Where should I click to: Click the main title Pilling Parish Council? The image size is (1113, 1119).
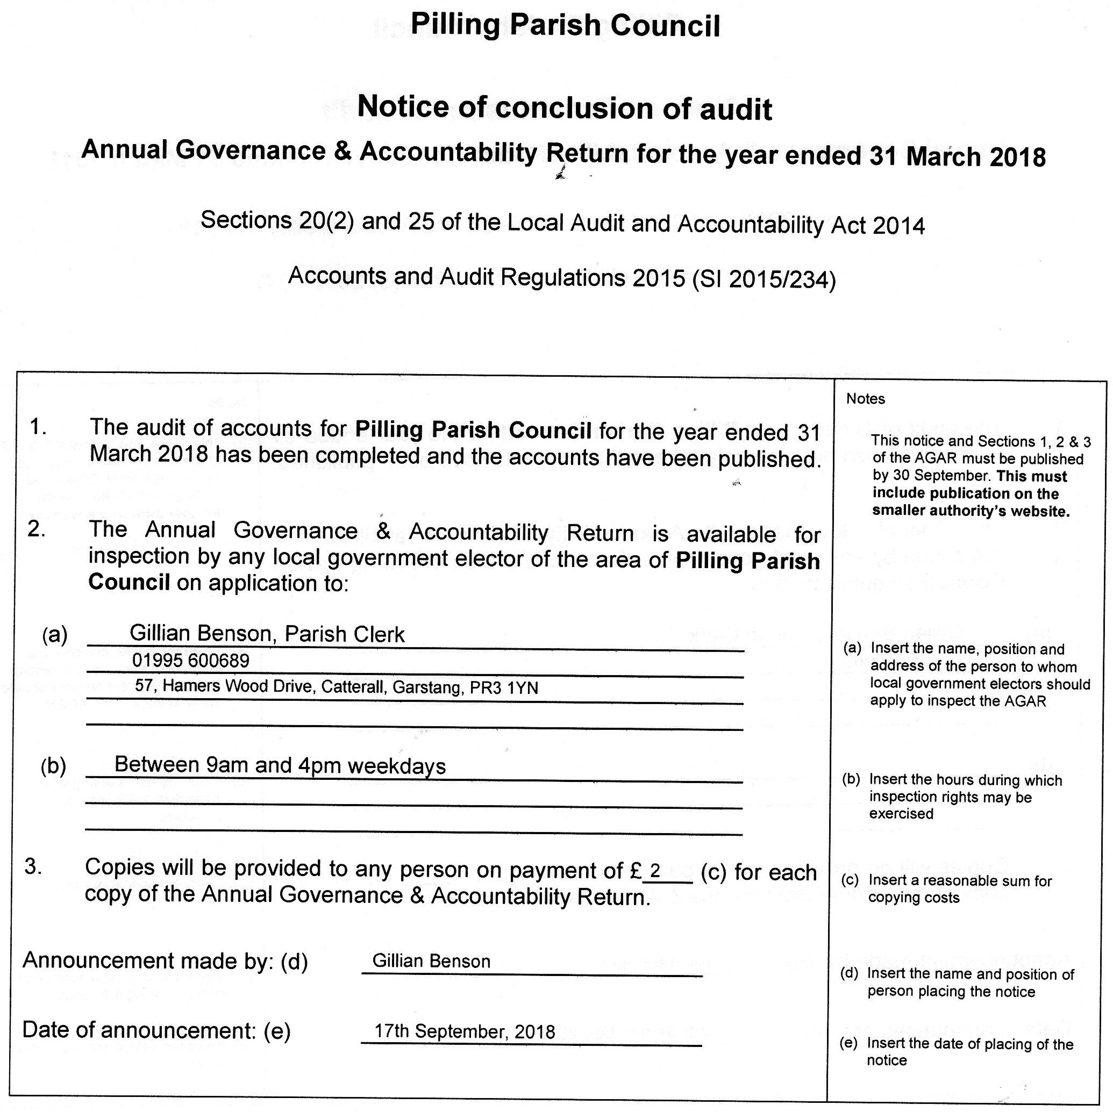click(x=565, y=25)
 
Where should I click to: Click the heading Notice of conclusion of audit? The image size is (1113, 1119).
click(x=565, y=107)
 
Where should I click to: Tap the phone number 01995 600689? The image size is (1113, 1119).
click(x=191, y=661)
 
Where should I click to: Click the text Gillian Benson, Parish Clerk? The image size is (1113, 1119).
click(x=267, y=634)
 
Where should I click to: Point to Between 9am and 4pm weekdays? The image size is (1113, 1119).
click(x=280, y=766)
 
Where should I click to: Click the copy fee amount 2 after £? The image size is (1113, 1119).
click(x=655, y=871)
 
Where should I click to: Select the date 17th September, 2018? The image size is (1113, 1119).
click(x=464, y=1031)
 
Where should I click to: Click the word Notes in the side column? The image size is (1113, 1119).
click(x=866, y=399)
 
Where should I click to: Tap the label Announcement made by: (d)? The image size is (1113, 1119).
click(x=165, y=961)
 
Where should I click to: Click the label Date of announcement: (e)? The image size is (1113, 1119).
click(x=156, y=1030)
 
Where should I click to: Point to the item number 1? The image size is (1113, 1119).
click(x=38, y=427)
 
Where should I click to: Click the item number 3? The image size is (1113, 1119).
click(x=33, y=866)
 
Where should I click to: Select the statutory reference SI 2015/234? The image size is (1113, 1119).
click(x=764, y=279)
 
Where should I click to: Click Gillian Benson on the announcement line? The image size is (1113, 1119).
click(x=431, y=962)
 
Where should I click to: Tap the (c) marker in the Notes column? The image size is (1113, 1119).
click(x=850, y=880)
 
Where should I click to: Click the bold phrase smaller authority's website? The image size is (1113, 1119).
click(x=971, y=512)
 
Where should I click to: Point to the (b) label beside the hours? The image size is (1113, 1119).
click(x=53, y=766)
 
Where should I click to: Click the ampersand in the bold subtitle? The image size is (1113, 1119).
click(x=343, y=151)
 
